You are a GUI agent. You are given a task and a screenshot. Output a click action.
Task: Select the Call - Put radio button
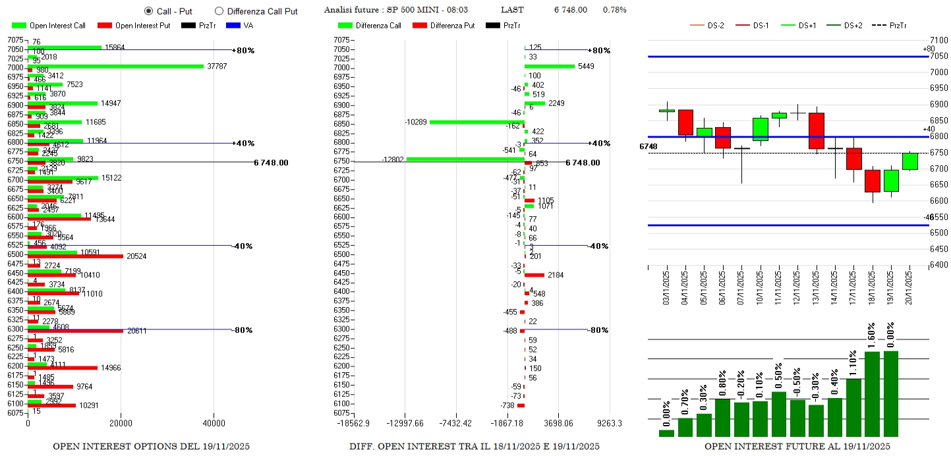click(148, 11)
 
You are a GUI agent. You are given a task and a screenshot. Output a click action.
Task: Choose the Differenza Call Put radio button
click(219, 11)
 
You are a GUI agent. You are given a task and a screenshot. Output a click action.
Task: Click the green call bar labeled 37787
click(115, 66)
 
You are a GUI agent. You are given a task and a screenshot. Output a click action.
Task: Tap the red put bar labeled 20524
click(75, 256)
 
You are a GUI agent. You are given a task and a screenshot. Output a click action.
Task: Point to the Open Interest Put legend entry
click(134, 26)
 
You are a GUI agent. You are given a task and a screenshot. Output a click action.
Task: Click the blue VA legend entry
click(240, 26)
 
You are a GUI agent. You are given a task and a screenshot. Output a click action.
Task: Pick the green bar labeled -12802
click(465, 159)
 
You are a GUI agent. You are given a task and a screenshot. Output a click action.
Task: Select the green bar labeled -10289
click(476, 121)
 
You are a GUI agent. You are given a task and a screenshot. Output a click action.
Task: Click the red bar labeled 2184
click(534, 275)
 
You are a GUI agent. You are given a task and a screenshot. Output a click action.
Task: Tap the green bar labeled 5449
click(550, 66)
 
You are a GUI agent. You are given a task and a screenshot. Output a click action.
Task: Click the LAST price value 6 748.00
click(571, 10)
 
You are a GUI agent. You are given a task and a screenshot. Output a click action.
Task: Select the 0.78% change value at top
click(614, 10)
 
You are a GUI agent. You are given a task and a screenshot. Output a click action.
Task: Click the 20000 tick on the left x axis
click(121, 423)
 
